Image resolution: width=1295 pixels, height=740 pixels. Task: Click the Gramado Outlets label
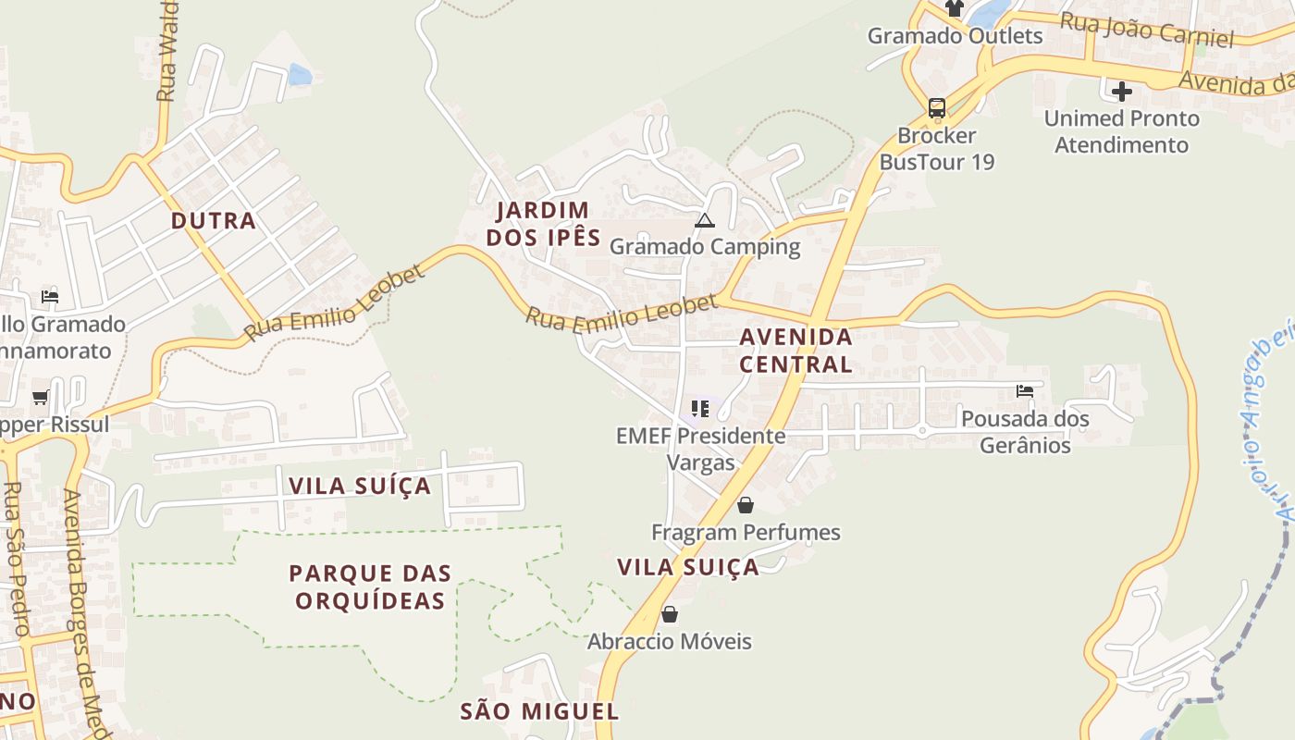pos(955,36)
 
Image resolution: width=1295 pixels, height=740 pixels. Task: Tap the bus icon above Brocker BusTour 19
pos(937,107)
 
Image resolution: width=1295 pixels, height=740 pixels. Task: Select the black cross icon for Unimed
pos(1121,92)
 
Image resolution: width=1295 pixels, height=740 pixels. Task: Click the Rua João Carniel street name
pos(1146,30)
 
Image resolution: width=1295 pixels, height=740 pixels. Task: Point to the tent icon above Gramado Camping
pos(705,220)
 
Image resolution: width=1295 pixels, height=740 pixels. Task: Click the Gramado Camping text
pos(705,247)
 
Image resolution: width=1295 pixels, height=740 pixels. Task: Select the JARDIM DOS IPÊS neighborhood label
pos(543,224)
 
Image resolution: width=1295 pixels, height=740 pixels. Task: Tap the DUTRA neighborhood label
pos(213,221)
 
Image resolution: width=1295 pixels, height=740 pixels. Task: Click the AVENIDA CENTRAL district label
pos(795,351)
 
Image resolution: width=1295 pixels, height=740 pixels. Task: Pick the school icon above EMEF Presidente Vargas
pos(700,408)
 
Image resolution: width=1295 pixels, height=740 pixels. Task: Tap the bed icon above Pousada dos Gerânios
pos(1024,391)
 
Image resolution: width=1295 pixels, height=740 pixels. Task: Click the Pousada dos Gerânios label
pos(1025,432)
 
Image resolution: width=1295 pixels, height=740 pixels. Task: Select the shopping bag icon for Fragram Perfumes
pos(745,505)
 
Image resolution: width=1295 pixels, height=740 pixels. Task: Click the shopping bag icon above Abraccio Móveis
pos(670,614)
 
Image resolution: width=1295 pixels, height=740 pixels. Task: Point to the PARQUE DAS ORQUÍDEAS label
pos(370,586)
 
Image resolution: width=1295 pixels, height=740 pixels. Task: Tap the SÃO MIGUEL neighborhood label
pos(539,711)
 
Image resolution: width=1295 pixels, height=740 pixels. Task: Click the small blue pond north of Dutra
pos(299,75)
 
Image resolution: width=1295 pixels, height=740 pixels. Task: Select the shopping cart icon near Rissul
pos(40,398)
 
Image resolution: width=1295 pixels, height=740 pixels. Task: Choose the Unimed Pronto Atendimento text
pos(1121,131)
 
